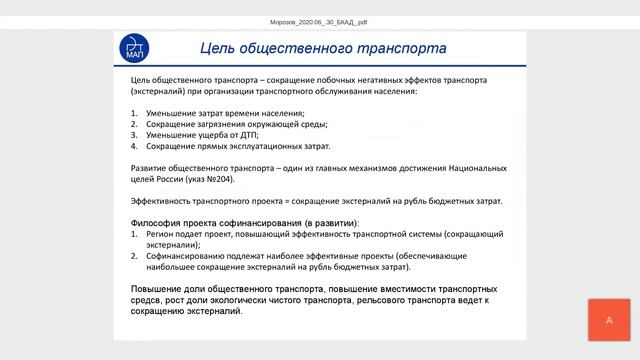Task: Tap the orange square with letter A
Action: [x=609, y=320]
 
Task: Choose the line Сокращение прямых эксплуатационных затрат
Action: [x=231, y=146]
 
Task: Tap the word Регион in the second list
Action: [x=160, y=233]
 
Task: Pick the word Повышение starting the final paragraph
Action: [x=162, y=288]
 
